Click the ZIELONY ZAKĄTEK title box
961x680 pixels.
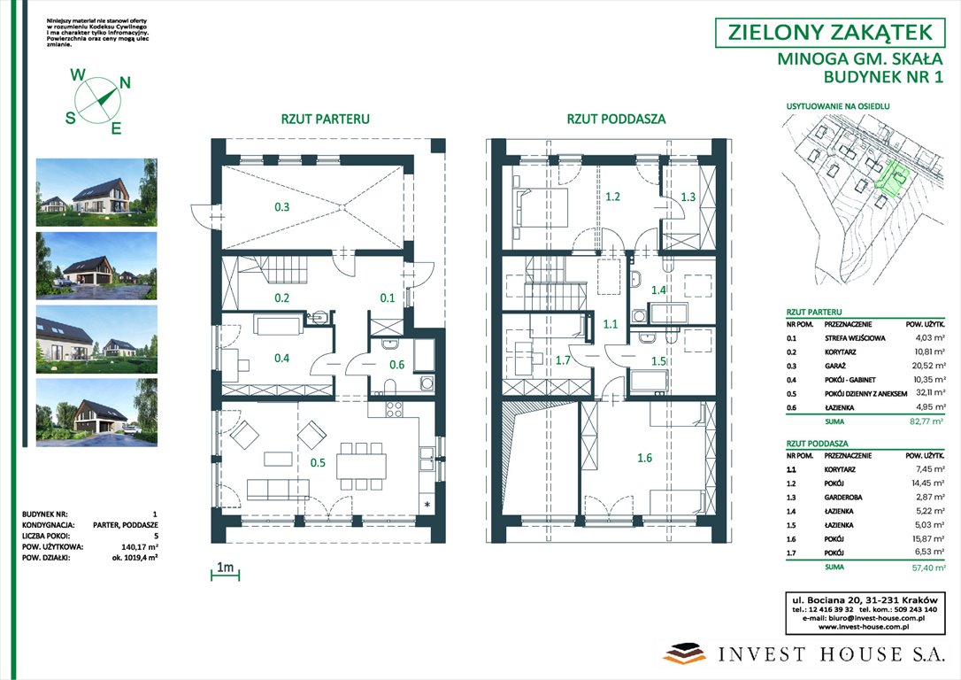coord(829,33)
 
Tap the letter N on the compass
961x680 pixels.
coord(125,83)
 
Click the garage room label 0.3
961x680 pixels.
coord(281,207)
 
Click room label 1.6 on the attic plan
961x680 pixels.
coord(644,458)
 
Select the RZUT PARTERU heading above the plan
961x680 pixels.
coord(325,119)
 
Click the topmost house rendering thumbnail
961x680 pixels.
coord(96,191)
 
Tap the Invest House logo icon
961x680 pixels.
coord(686,653)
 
